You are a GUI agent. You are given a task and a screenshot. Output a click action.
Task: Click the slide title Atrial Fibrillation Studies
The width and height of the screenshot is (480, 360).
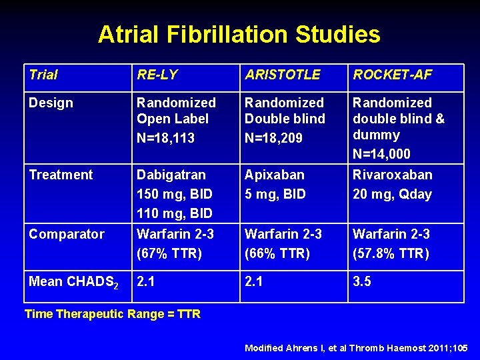(x=239, y=34)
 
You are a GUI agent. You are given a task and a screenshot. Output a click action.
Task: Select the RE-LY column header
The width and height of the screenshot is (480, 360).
(x=157, y=75)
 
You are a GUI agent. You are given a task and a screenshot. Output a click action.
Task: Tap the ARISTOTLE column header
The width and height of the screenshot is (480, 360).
(x=283, y=75)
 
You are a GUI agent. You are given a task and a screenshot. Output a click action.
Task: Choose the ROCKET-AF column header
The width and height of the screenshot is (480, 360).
(x=393, y=75)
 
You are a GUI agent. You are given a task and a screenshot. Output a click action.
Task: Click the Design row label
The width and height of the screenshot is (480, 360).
(x=51, y=103)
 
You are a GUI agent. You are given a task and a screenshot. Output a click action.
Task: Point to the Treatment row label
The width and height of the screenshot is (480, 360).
(x=61, y=175)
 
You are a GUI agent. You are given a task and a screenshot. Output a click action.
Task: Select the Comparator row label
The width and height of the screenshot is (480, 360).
(x=66, y=234)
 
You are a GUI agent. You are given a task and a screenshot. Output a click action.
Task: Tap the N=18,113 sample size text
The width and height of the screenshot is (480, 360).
(x=167, y=139)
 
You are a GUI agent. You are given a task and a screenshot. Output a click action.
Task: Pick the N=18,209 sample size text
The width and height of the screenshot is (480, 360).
(x=275, y=139)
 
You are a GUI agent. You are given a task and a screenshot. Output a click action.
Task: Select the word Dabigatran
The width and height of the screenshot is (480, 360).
(x=171, y=175)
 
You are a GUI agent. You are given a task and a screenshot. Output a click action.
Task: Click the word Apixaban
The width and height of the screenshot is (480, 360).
(x=275, y=175)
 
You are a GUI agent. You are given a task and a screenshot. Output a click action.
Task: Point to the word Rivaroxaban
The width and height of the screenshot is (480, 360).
(x=393, y=175)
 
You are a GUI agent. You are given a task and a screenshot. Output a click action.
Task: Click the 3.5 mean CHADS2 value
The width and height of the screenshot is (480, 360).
(x=362, y=281)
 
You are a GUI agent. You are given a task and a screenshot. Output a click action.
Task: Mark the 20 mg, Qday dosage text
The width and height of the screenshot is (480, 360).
(x=392, y=194)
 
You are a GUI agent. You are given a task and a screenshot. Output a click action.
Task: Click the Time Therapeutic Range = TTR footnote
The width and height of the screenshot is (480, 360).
(x=112, y=314)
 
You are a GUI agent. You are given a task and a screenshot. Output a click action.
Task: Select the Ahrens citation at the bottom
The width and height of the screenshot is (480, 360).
(x=357, y=348)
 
